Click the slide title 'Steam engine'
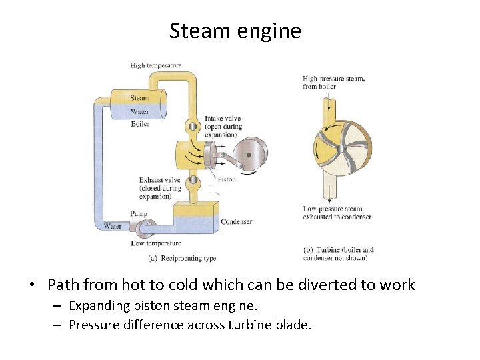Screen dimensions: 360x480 coord(235,31)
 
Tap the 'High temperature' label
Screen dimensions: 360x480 coord(156,65)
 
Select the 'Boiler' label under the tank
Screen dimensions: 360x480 coord(140,123)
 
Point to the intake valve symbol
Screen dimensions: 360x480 coord(192,125)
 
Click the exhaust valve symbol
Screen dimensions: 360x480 coord(192,180)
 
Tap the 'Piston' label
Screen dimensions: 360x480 coord(226,179)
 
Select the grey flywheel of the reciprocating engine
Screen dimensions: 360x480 coord(248,155)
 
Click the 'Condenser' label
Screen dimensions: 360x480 coord(236,222)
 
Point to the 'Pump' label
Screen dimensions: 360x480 coord(139,214)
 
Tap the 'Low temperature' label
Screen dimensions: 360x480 coord(156,244)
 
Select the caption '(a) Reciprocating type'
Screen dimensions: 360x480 coord(182,258)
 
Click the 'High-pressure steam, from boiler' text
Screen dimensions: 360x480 coord(333,83)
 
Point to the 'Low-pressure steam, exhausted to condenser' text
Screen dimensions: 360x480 coord(337,213)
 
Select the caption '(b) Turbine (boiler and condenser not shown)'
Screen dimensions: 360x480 coord(338,254)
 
